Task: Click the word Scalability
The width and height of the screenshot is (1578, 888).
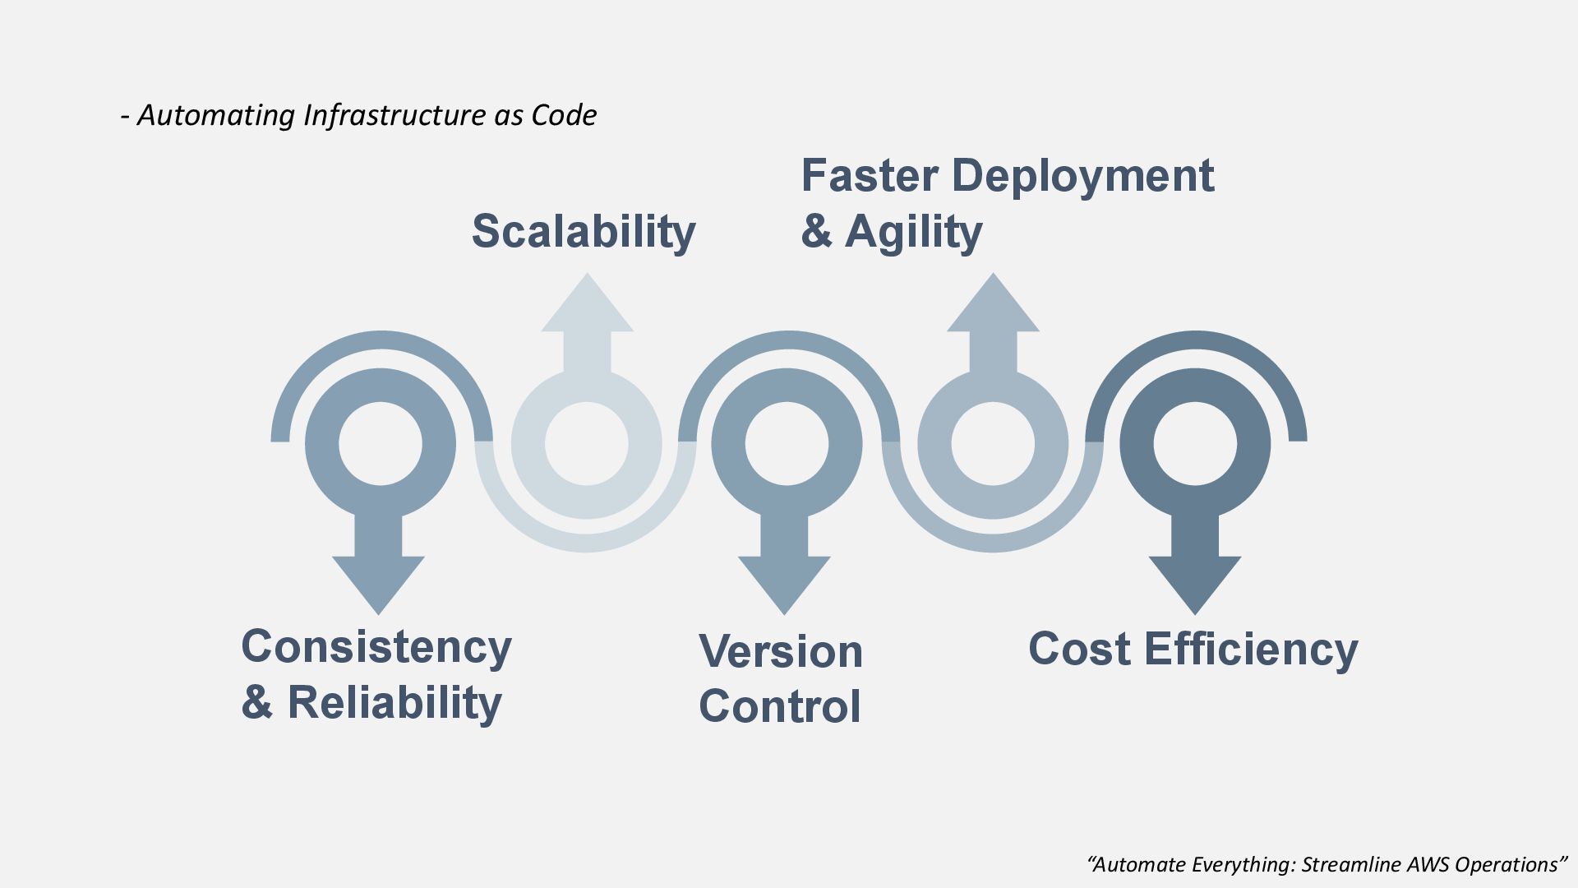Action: (x=584, y=231)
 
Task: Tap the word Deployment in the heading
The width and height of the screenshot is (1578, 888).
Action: (x=1082, y=177)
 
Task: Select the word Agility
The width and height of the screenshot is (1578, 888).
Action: (x=913, y=232)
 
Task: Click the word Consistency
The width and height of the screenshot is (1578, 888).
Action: (x=376, y=647)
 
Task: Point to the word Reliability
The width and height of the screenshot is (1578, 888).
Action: (x=394, y=703)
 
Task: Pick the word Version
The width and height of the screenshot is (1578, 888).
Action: (x=781, y=651)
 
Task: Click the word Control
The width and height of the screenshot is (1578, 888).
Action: (x=780, y=706)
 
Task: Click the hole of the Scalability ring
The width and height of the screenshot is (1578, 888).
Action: (x=587, y=444)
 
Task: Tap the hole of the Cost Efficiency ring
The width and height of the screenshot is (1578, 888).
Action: (x=1195, y=444)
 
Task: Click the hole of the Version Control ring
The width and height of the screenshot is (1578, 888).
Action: (x=787, y=444)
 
